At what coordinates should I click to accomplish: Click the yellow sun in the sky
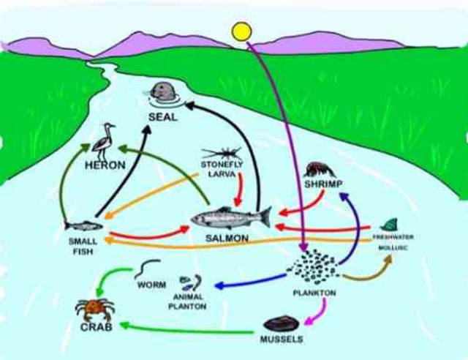click(241, 31)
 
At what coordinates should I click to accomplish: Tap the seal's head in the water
click(164, 91)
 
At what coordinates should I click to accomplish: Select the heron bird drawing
click(107, 140)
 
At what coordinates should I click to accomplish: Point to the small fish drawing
click(83, 226)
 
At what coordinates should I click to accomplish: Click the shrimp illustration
click(319, 170)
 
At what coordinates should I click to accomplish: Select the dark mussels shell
click(282, 323)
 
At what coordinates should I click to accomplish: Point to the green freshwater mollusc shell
click(389, 225)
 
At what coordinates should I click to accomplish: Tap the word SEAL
click(162, 116)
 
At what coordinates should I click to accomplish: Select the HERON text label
click(105, 165)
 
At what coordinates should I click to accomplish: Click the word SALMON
click(227, 239)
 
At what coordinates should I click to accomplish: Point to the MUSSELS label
click(281, 340)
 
